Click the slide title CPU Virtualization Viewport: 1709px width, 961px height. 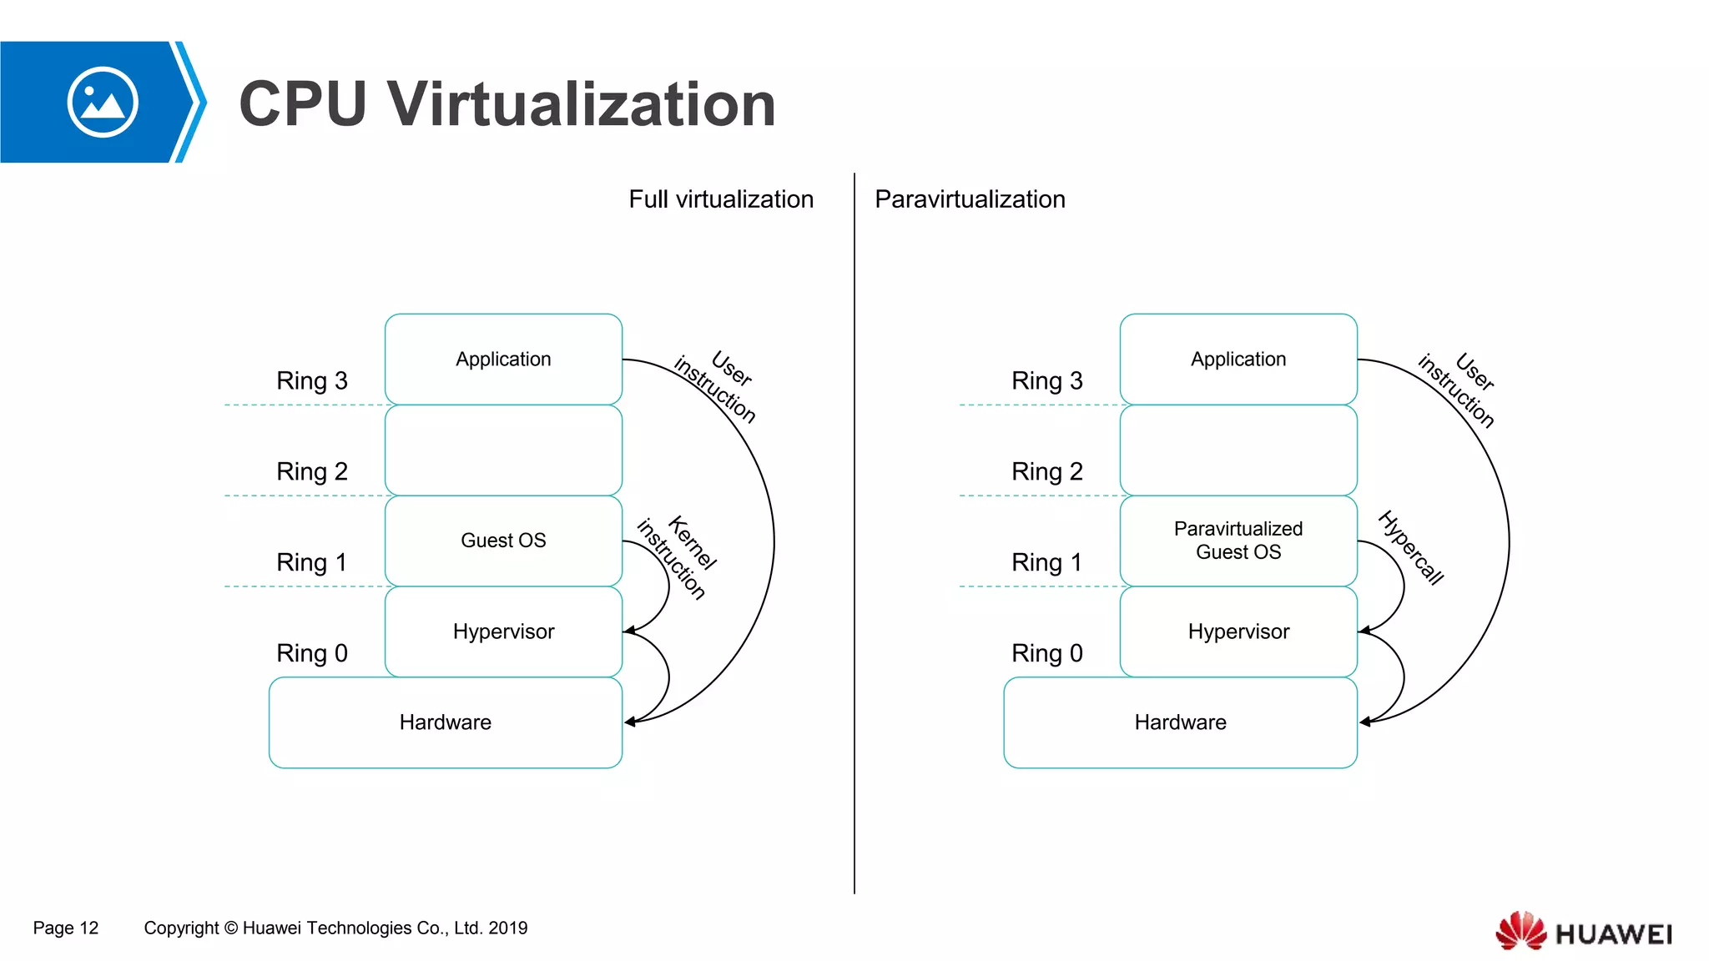click(507, 104)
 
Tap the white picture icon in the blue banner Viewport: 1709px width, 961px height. click(103, 103)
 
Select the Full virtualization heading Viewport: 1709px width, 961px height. click(721, 199)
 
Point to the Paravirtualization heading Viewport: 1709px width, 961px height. click(970, 199)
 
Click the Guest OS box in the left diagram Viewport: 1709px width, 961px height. click(503, 541)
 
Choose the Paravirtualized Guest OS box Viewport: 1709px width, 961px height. click(1238, 541)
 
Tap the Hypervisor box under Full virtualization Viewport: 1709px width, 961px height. click(503, 631)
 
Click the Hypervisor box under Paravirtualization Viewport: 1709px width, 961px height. click(1238, 631)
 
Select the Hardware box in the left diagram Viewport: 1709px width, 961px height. click(445, 722)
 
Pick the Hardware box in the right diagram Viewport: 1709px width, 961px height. click(1180, 722)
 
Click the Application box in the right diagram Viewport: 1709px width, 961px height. click(1238, 360)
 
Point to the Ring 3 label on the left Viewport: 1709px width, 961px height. click(312, 381)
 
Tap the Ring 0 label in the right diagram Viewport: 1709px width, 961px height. click(1046, 653)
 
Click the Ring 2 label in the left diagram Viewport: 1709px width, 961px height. click(312, 472)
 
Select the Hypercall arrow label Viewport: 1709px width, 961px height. click(1411, 547)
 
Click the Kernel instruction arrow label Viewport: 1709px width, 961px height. click(678, 557)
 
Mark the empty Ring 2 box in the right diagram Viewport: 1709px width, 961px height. click(1238, 450)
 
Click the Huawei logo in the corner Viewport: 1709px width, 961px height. click(1584, 932)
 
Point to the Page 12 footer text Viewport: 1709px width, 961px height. click(66, 928)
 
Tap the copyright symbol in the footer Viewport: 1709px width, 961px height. click(231, 928)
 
